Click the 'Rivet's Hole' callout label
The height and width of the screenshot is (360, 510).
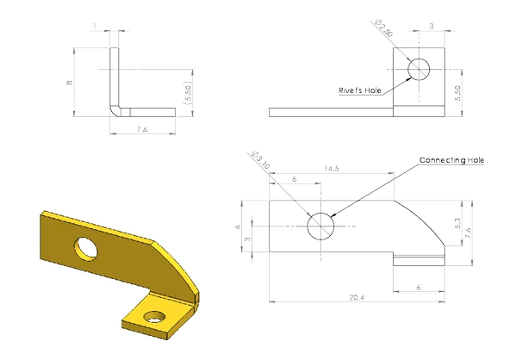[360, 90]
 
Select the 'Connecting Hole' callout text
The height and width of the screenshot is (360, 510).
[451, 160]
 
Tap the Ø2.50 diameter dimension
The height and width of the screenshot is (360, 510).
[384, 28]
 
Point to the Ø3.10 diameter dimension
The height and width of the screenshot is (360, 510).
[261, 160]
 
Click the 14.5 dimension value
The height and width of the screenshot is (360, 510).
[332, 169]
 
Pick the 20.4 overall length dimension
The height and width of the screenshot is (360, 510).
[357, 297]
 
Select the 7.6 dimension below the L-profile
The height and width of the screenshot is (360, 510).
[142, 129]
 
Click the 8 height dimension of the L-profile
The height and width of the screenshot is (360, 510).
[69, 83]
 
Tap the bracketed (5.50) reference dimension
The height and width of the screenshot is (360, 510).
[188, 93]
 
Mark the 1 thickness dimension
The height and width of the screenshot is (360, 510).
[95, 26]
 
